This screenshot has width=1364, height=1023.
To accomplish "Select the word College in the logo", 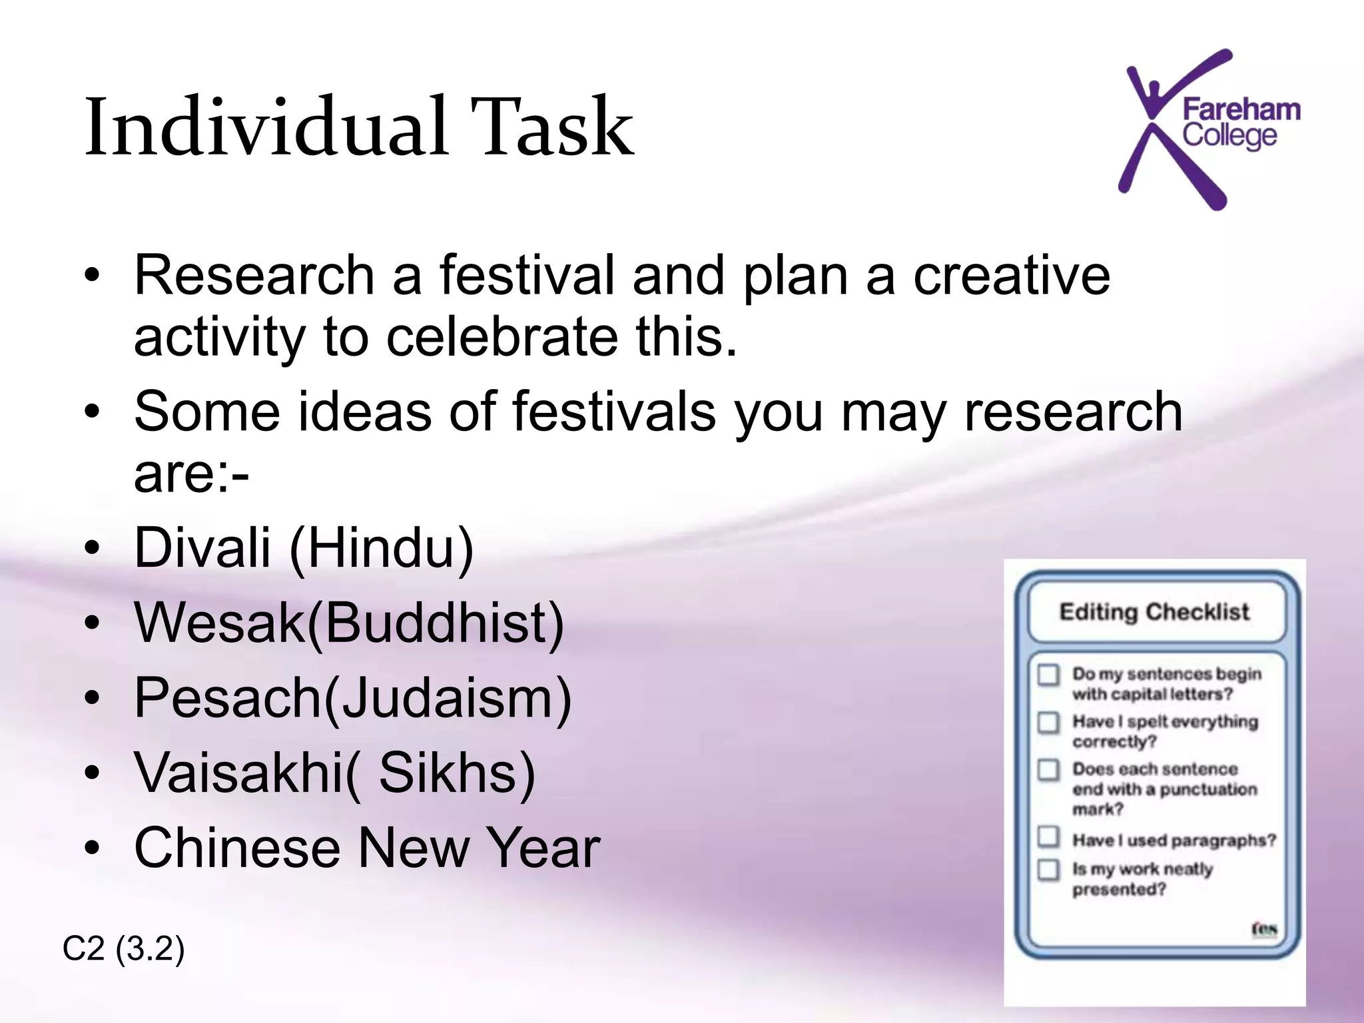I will [x=1229, y=136].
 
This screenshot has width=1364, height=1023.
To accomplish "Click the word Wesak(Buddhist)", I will [x=349, y=623].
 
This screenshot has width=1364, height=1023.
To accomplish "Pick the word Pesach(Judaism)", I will [x=353, y=698].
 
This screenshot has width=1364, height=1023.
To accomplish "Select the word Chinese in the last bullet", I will [x=237, y=848].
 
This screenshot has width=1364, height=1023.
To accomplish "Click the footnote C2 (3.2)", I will [x=123, y=948].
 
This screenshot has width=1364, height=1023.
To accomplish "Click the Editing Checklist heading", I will [x=1154, y=611].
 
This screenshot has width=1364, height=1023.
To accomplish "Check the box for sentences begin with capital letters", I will [x=1048, y=675].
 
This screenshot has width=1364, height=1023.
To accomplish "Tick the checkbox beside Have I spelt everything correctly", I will [x=1048, y=723].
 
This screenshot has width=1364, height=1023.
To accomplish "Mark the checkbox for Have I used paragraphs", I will [x=1048, y=837].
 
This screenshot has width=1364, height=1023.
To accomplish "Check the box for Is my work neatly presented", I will [x=1048, y=870].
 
